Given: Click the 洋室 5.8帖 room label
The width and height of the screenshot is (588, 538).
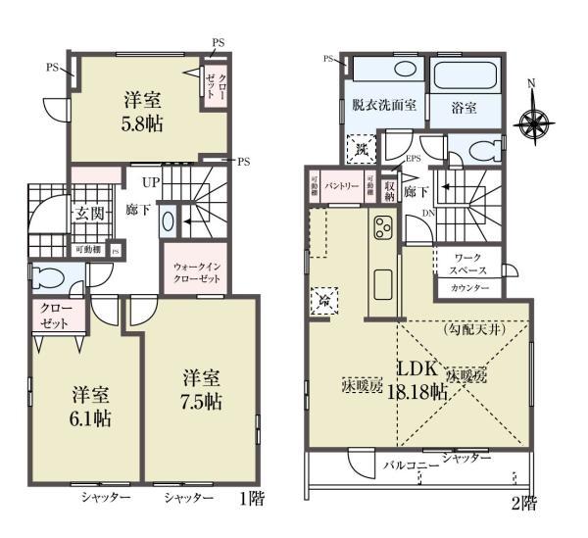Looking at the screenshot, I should pyautogui.click(x=143, y=111).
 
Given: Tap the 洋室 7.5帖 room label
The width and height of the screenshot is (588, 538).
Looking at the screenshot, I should pyautogui.click(x=201, y=389).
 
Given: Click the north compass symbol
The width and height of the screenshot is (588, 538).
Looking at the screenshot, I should pyautogui.click(x=533, y=123).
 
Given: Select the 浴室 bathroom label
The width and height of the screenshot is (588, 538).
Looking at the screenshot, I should pyautogui.click(x=464, y=108).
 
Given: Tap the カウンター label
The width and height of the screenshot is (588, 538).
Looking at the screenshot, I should pyautogui.click(x=469, y=289).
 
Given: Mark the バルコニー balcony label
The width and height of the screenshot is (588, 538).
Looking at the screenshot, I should pyautogui.click(x=410, y=465).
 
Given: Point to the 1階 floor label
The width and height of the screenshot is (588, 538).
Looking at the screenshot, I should pyautogui.click(x=253, y=498).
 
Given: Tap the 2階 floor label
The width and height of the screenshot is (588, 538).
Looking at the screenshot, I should pyautogui.click(x=522, y=505).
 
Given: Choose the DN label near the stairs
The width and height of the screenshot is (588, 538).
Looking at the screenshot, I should pyautogui.click(x=428, y=212).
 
